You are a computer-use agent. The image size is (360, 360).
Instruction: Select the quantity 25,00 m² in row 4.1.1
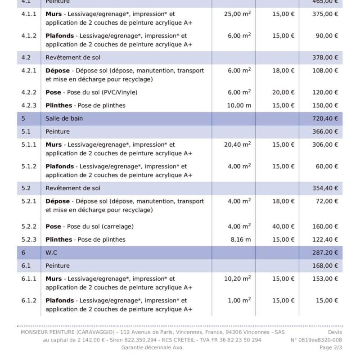click(237, 14)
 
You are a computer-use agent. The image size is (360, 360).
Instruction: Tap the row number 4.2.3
click(29, 105)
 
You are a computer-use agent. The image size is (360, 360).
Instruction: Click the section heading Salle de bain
click(64, 119)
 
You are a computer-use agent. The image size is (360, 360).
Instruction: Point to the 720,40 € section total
click(324, 119)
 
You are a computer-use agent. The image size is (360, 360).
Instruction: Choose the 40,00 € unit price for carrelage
click(283, 226)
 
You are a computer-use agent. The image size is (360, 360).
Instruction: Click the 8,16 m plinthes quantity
click(241, 239)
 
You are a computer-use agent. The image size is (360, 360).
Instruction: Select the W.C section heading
click(52, 252)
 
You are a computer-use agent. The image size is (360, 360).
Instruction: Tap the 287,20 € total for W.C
click(324, 252)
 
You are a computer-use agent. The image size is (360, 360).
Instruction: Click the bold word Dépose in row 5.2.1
click(58, 201)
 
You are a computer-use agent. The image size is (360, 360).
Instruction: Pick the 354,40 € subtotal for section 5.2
click(324, 188)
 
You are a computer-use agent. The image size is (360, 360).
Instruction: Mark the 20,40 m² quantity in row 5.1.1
click(237, 144)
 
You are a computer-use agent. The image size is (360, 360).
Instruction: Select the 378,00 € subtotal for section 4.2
click(324, 58)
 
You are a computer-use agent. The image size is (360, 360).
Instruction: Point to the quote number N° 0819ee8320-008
click(316, 340)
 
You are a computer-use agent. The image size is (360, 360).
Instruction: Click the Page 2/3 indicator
click(330, 348)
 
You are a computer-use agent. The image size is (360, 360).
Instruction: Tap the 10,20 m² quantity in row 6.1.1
click(237, 279)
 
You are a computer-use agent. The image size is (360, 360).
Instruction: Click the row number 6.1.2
click(29, 301)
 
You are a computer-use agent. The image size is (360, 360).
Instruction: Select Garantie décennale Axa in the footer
click(153, 348)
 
